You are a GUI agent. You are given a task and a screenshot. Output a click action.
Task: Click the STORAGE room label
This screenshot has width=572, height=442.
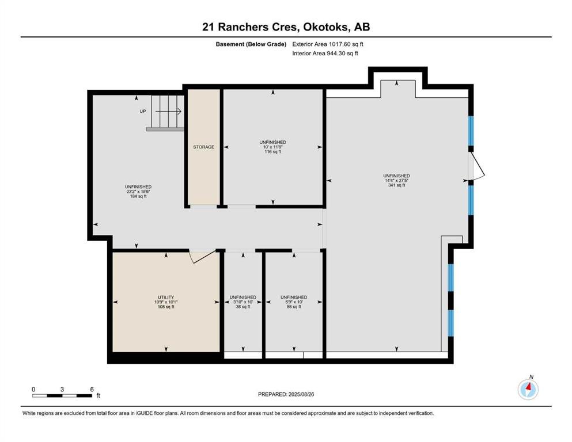(x=203, y=147)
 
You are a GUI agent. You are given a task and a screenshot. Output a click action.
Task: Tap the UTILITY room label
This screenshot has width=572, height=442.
(x=166, y=298)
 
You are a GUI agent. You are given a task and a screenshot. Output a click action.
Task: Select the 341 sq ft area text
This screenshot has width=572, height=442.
(x=396, y=185)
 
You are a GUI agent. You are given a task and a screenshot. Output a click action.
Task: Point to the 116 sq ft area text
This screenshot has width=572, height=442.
(x=273, y=151)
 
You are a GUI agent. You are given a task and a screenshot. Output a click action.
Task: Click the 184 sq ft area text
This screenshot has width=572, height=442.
(x=138, y=196)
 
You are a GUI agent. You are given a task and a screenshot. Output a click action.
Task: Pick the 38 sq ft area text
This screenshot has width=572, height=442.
(x=243, y=307)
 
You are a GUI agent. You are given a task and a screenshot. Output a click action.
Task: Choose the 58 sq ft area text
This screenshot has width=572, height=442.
(x=294, y=307)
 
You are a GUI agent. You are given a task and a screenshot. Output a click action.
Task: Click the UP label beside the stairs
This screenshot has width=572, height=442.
(x=143, y=111)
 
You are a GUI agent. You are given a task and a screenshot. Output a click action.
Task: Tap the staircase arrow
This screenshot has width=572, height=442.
(x=169, y=111)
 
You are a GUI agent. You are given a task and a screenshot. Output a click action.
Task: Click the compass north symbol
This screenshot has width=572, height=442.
(x=528, y=389)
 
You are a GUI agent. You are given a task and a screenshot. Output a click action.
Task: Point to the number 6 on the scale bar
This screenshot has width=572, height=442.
(x=92, y=389)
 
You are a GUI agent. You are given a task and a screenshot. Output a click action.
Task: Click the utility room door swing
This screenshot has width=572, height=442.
(x=202, y=256)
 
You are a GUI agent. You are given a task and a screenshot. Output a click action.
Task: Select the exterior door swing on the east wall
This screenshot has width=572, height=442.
(x=477, y=166)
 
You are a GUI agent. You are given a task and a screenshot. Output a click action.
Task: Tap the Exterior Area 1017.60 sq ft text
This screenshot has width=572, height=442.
(x=328, y=44)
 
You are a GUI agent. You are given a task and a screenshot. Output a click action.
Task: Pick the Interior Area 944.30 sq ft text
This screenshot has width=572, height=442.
(x=325, y=53)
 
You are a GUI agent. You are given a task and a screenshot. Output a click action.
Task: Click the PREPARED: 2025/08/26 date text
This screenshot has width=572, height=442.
(x=286, y=394)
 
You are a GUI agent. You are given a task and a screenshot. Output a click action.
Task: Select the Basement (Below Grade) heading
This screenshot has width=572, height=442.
(x=251, y=44)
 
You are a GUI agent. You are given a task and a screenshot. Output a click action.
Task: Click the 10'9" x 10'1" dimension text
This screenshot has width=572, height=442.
(x=166, y=302)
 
